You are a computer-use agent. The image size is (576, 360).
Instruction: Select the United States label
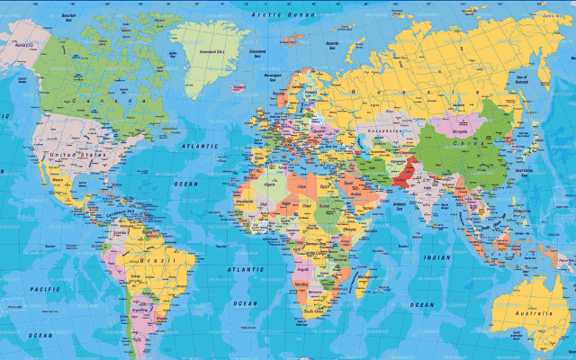coord(76,156)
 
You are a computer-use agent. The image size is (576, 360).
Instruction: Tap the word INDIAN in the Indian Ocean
coord(437,257)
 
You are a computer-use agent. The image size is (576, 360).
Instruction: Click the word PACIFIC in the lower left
coord(44,289)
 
